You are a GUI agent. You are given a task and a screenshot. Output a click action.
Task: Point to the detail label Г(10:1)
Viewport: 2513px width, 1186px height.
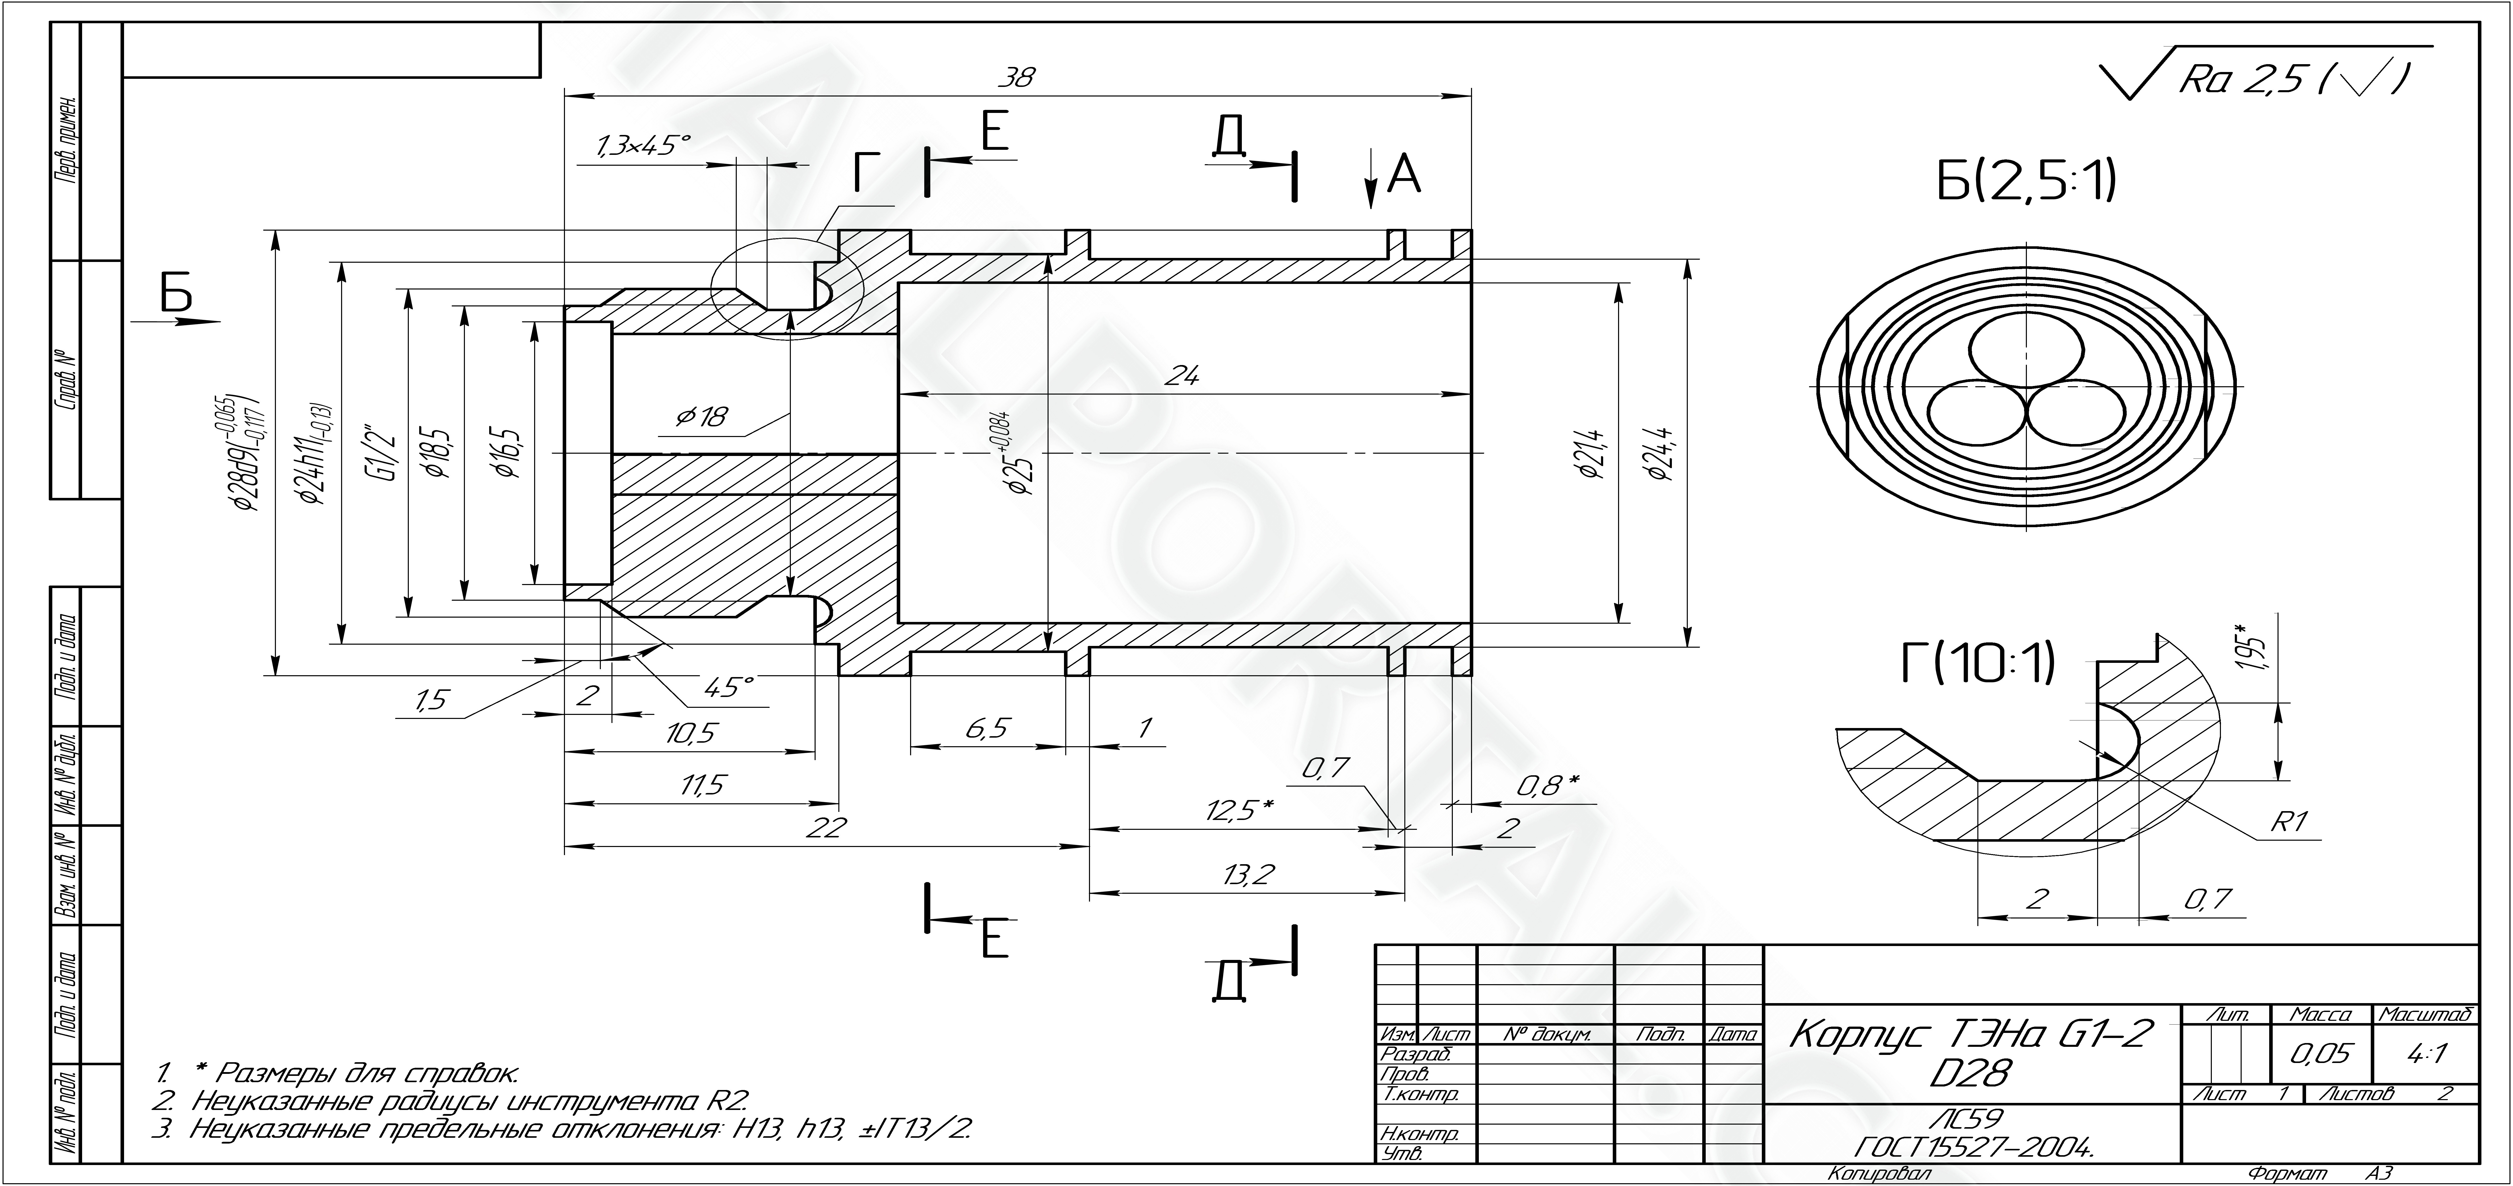pos(1977,663)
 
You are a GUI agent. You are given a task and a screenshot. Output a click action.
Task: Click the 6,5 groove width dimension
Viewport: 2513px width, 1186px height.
pos(987,729)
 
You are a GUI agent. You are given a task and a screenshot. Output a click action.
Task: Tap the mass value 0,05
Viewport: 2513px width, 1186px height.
pos(2322,1053)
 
